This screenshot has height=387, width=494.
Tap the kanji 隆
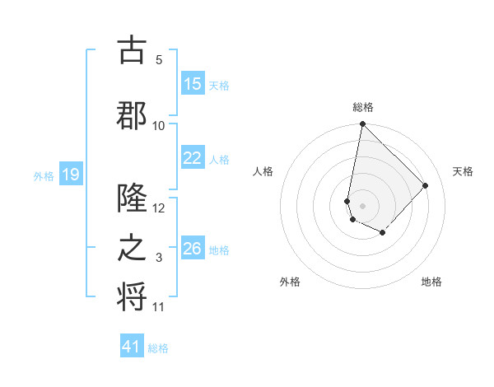[132, 198]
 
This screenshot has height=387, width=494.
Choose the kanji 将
[132, 296]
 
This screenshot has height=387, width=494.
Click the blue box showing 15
[192, 84]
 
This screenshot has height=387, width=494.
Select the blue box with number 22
[192, 159]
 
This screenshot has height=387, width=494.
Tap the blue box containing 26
[192, 249]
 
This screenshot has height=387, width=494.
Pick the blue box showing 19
[70, 175]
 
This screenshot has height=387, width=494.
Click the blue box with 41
[133, 347]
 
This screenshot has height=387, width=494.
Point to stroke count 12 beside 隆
[160, 208]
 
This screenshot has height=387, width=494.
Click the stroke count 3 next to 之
[159, 259]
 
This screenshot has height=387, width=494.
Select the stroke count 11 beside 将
[159, 307]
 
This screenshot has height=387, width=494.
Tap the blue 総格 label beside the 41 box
[158, 348]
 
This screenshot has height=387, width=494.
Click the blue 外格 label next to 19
[44, 175]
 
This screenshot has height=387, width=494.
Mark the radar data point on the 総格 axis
[362, 124]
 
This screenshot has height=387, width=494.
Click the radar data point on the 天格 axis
[426, 185]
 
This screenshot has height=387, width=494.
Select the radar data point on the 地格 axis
[383, 233]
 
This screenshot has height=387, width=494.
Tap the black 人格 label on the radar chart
[263, 171]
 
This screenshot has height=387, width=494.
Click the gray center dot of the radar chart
[362, 205]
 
